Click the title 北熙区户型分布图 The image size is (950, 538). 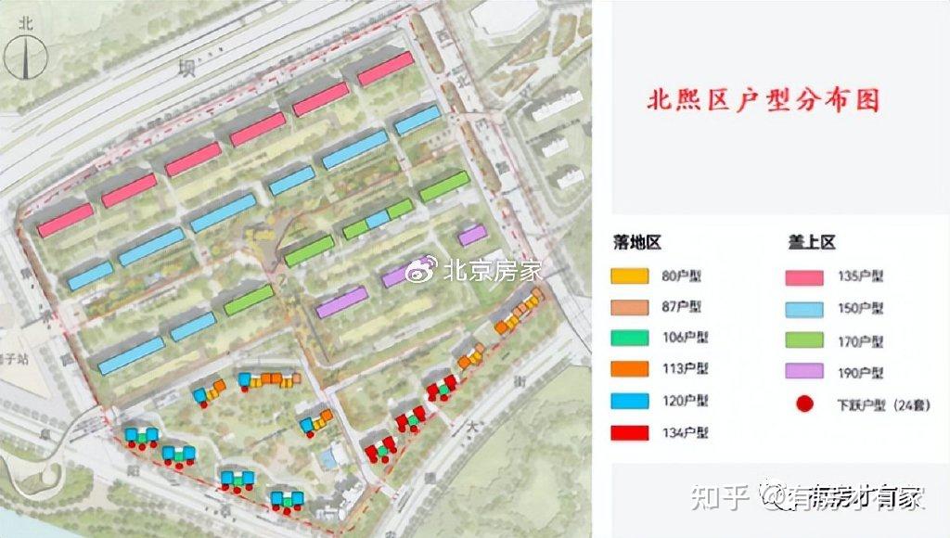[762, 100]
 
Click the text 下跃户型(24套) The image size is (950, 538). [878, 404]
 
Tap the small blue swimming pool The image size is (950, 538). [327, 456]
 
